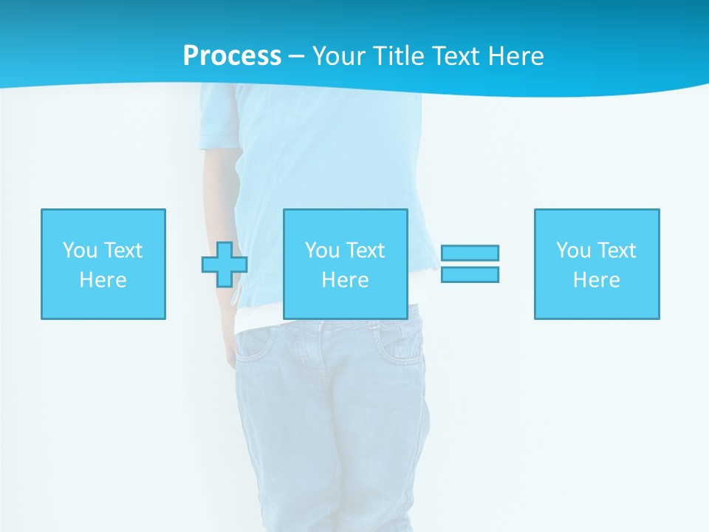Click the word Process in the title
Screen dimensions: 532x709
point(232,56)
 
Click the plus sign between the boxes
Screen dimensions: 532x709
point(225,265)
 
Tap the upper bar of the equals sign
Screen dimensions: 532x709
point(470,253)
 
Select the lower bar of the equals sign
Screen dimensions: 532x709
point(470,275)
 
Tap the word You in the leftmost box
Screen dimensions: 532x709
point(80,250)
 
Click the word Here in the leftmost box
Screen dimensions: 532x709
point(103,280)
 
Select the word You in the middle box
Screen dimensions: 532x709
point(322,250)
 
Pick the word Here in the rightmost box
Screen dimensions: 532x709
point(597,280)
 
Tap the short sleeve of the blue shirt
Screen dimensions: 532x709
point(220,118)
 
